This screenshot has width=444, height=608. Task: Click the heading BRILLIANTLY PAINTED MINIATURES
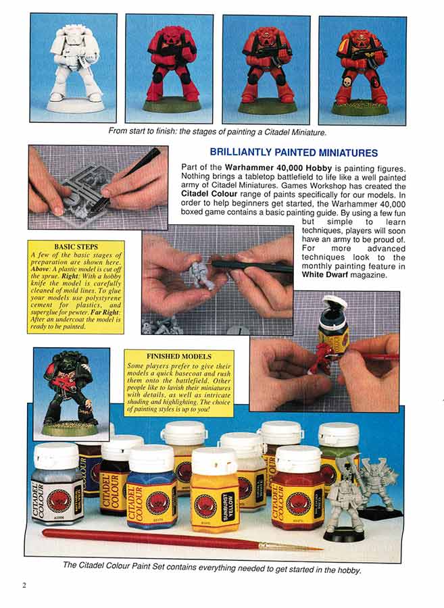(293, 153)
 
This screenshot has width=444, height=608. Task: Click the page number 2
(24, 585)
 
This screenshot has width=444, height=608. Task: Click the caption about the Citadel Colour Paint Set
(212, 569)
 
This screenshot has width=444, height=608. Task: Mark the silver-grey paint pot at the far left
(57, 485)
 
